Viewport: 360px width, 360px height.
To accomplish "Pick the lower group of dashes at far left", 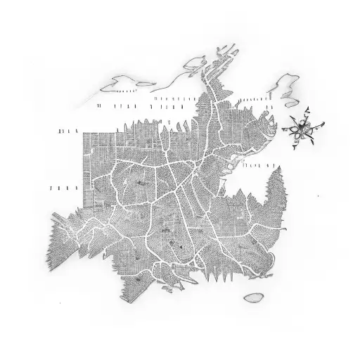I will point(63,188).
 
